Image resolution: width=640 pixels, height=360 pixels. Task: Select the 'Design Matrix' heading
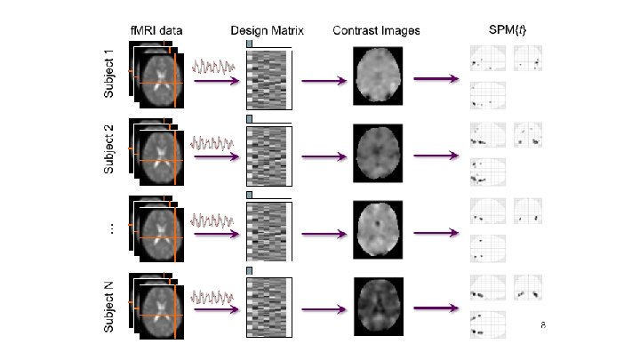coord(267,30)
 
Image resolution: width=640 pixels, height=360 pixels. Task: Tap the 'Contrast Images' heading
coord(376,30)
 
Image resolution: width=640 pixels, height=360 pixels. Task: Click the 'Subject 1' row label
coord(109,73)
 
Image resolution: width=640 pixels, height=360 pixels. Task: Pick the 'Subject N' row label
coord(109,307)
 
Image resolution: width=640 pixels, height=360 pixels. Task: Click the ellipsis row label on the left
coord(110,228)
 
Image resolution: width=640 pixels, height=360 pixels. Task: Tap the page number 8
coord(542,325)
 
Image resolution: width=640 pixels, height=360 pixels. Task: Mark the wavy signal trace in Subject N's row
coord(213,295)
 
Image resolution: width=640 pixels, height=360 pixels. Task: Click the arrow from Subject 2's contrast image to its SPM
coord(435,158)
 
